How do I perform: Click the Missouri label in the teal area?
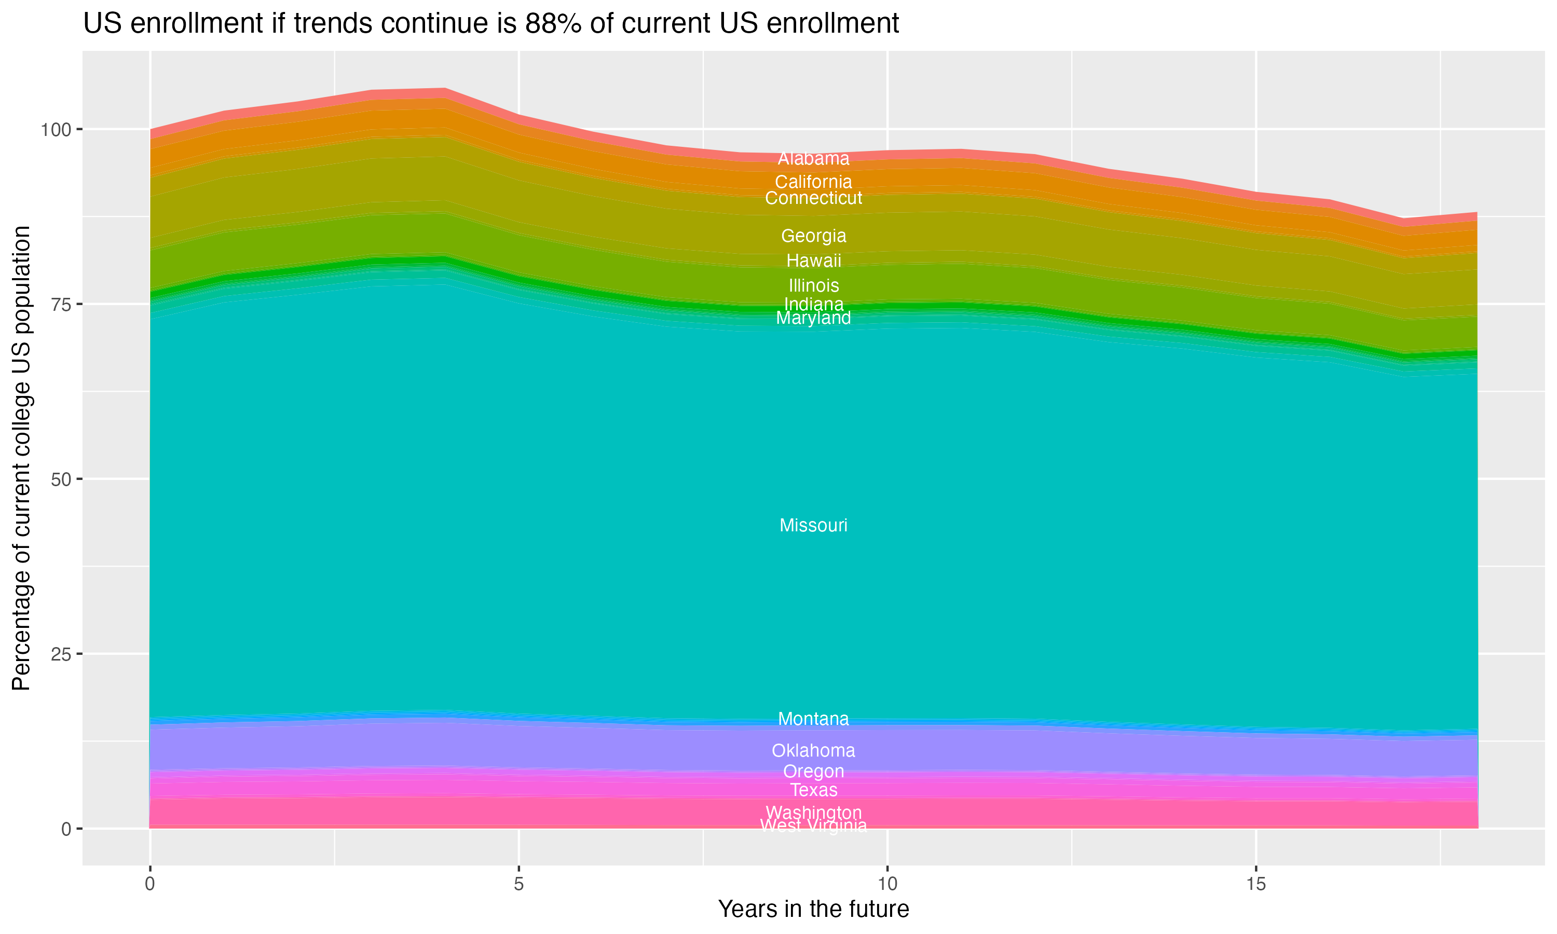(x=813, y=526)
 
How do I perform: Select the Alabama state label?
(x=813, y=159)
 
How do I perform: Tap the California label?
(x=813, y=182)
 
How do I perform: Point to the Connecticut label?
(x=813, y=198)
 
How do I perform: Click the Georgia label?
(x=813, y=236)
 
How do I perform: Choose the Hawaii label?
(x=813, y=260)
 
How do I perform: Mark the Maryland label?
(x=813, y=319)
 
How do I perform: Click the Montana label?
(x=813, y=719)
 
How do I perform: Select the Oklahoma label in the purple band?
(x=813, y=750)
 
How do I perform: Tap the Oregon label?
(x=813, y=771)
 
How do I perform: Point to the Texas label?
(x=813, y=790)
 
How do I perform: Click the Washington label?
(x=813, y=813)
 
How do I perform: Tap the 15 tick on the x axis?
(x=1255, y=884)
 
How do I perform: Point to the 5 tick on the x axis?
(x=518, y=884)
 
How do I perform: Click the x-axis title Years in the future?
(x=813, y=909)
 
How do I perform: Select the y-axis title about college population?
(x=21, y=458)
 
